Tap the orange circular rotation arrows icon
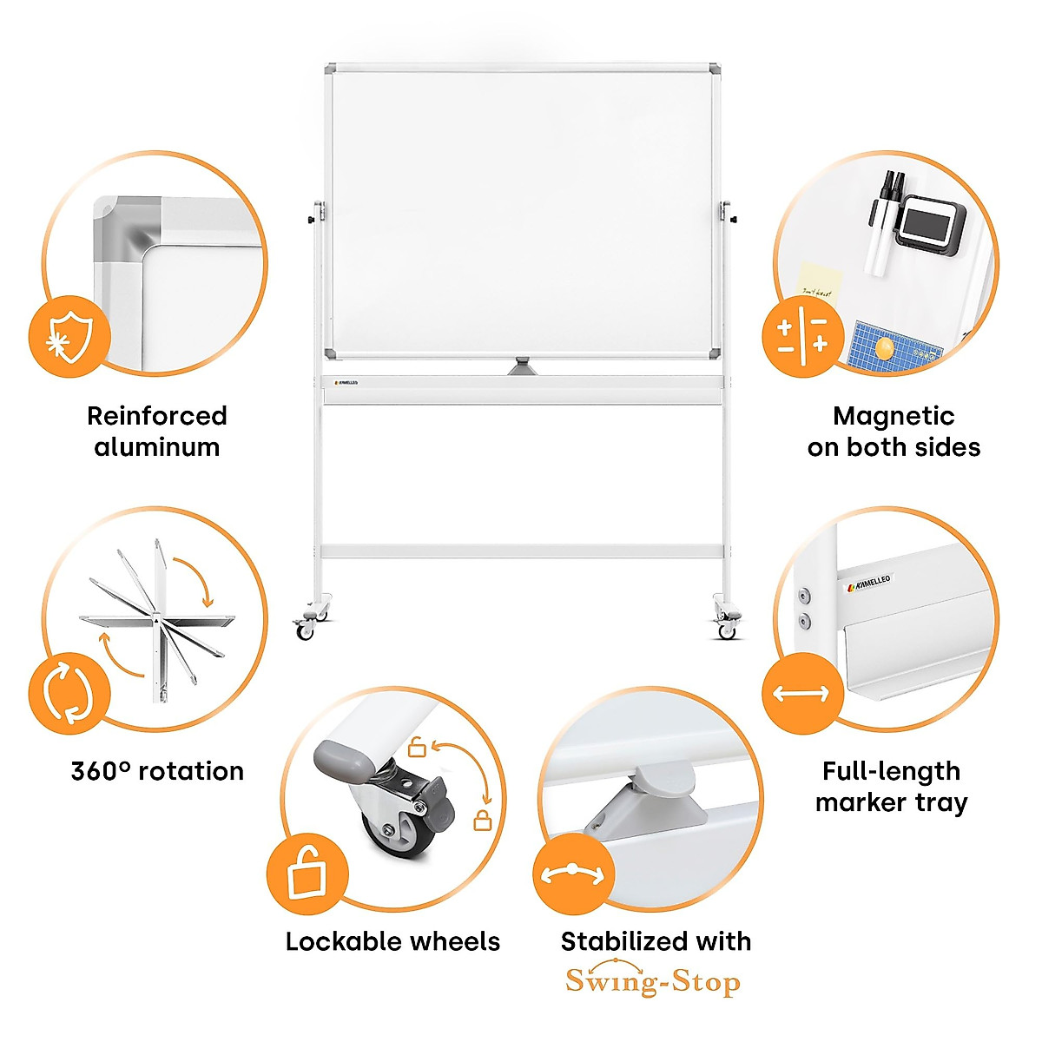pyautogui.click(x=69, y=693)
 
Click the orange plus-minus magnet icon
pyautogui.click(x=802, y=336)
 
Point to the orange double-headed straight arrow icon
pyautogui.click(x=801, y=694)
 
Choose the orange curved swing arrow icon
pyautogui.click(x=572, y=874)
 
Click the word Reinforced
pyautogui.click(x=156, y=416)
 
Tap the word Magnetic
pyautogui.click(x=893, y=416)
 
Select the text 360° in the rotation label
pyautogui.click(x=101, y=770)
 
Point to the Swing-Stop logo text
pyautogui.click(x=653, y=981)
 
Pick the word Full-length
pyautogui.click(x=891, y=770)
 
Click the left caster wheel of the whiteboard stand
pyautogui.click(x=306, y=630)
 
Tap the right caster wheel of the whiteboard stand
pyautogui.click(x=726, y=630)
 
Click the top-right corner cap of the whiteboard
pyautogui.click(x=716, y=69)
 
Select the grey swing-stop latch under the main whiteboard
pyautogui.click(x=524, y=366)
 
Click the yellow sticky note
pyautogui.click(x=818, y=281)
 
